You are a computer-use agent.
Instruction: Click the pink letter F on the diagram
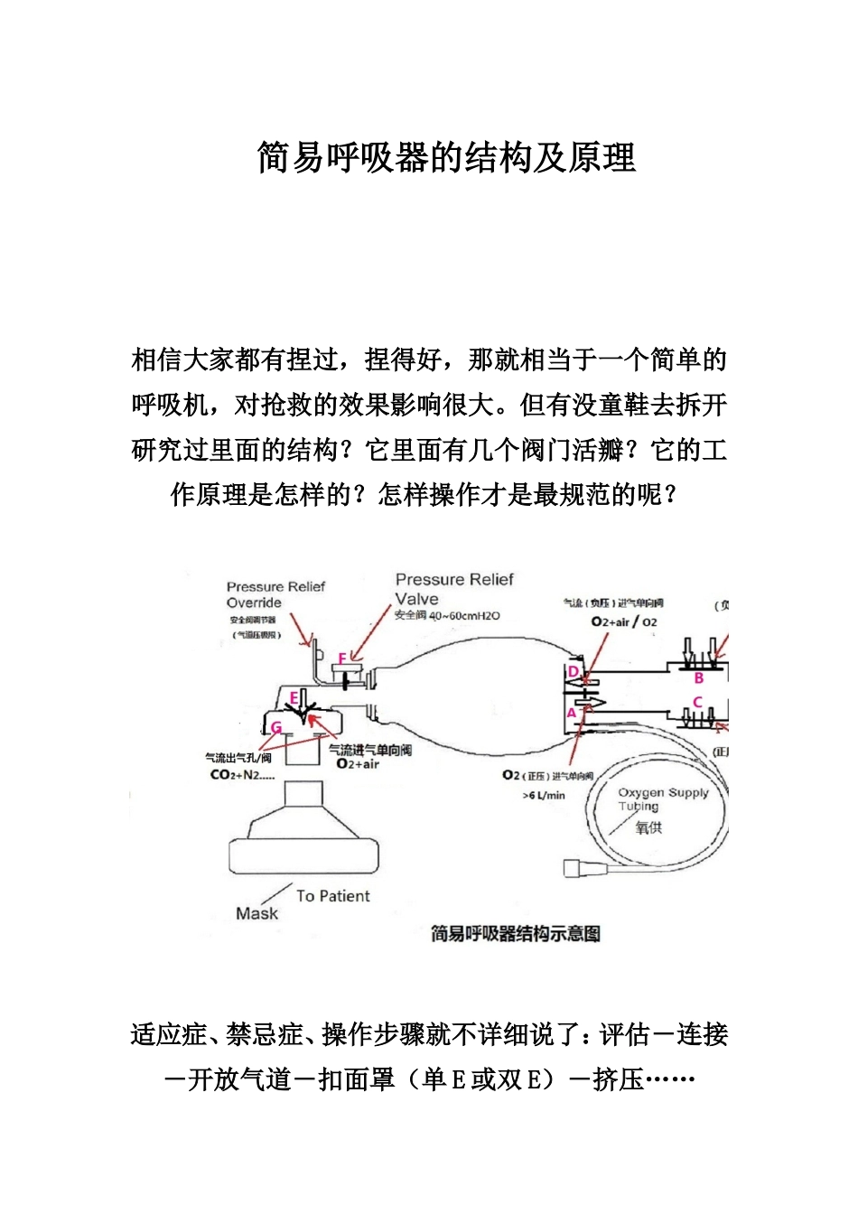tap(342, 658)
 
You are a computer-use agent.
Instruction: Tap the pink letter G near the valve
tap(276, 727)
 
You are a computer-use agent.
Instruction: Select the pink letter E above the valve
tap(294, 697)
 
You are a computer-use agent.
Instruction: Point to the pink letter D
tap(572, 671)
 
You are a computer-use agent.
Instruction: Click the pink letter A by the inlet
tap(571, 713)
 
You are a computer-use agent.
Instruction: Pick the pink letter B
tap(698, 677)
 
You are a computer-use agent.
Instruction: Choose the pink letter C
tap(697, 702)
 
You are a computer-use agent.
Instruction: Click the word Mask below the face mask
tap(256, 913)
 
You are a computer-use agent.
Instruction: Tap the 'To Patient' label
tap(332, 896)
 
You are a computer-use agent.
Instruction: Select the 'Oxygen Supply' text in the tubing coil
tap(663, 792)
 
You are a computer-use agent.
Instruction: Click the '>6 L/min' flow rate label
tap(544, 796)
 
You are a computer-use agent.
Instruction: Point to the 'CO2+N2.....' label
tap(242, 775)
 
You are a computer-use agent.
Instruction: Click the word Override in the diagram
tap(254, 602)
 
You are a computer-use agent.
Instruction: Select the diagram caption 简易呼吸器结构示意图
tap(515, 934)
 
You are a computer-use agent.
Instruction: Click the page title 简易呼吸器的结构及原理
tap(446, 157)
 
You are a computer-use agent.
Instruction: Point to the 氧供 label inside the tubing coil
tap(648, 826)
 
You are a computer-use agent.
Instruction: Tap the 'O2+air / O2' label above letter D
tap(624, 621)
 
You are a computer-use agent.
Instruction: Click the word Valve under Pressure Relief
tap(416, 598)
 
